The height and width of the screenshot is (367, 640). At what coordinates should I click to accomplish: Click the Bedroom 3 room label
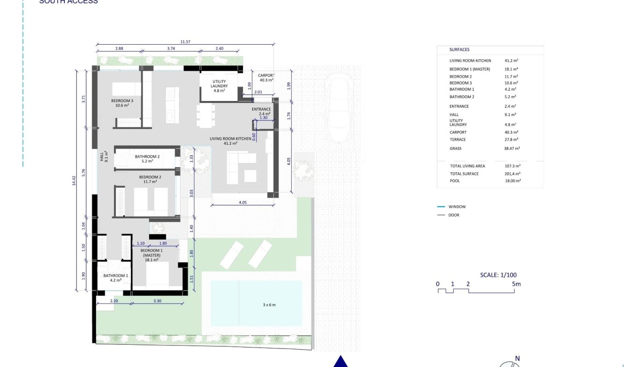tap(122, 103)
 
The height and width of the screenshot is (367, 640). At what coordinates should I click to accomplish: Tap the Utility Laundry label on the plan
tap(219, 86)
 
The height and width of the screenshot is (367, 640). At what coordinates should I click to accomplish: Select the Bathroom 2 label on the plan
tap(148, 159)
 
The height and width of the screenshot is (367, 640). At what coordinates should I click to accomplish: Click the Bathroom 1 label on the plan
tap(115, 278)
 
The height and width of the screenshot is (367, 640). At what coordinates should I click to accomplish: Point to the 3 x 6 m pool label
tap(266, 305)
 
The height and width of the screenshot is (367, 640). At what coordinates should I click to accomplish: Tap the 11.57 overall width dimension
tap(185, 42)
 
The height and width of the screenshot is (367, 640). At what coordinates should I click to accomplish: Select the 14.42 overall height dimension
tap(74, 180)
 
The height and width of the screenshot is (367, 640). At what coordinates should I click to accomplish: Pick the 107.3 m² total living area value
tap(512, 166)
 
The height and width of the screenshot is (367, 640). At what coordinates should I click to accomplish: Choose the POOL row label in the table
tap(455, 181)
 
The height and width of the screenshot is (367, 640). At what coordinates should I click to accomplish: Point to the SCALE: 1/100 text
tap(498, 275)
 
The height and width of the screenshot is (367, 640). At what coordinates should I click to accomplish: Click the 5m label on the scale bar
tap(516, 284)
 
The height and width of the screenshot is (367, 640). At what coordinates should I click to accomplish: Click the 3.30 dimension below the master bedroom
tap(158, 301)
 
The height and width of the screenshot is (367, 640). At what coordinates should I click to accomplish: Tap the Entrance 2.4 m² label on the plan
tap(261, 112)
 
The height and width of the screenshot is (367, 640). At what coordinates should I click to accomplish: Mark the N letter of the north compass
tap(517, 359)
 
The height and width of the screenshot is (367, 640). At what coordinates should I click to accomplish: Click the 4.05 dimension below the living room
tap(243, 202)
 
